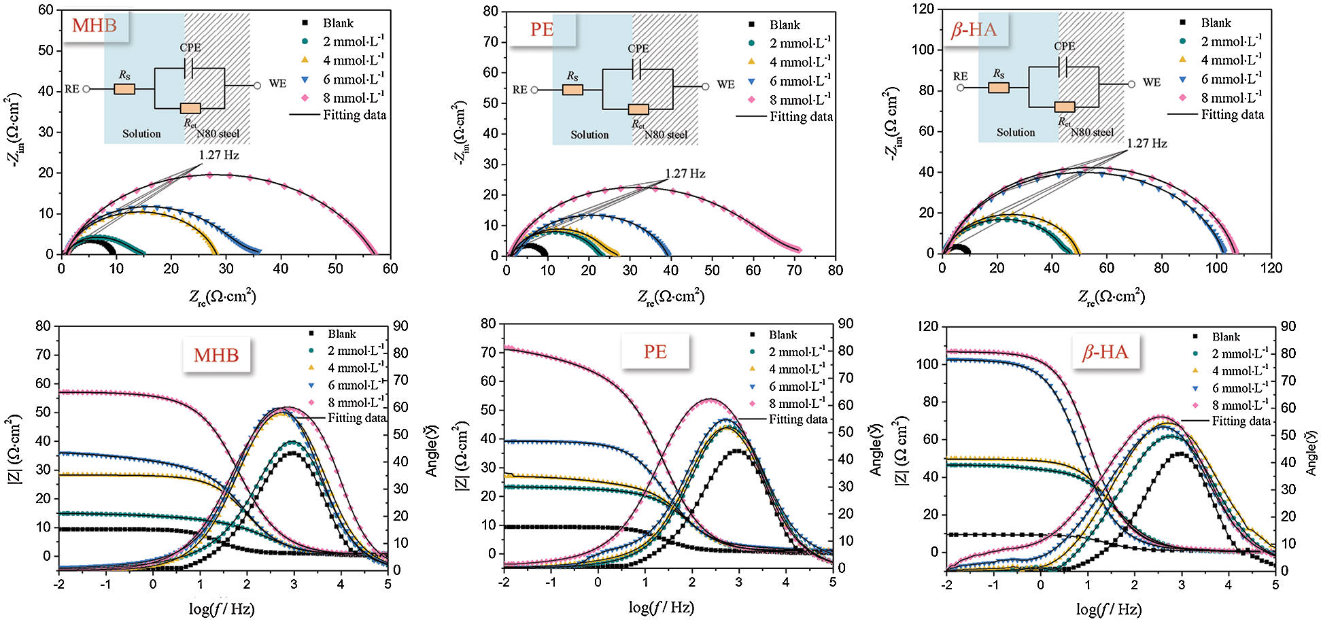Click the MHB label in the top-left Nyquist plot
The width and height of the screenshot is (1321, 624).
[x=95, y=27]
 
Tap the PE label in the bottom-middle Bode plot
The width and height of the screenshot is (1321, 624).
[x=655, y=351]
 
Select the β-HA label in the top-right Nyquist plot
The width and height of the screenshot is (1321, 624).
[x=974, y=30]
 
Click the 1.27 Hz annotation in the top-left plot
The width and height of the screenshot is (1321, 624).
[x=219, y=155]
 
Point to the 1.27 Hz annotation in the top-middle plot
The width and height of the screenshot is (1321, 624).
[x=685, y=173]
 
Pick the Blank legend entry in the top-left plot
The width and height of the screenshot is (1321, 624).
[x=338, y=23]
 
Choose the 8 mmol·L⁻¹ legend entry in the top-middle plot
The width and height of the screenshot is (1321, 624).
[x=800, y=100]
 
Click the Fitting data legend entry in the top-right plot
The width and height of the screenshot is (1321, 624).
[x=1232, y=114]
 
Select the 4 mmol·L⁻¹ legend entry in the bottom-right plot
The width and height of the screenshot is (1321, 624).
[x=1239, y=371]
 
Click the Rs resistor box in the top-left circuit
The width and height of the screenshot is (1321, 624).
[x=124, y=89]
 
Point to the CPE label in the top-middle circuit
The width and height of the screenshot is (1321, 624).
[x=638, y=49]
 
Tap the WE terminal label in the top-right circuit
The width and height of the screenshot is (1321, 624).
[x=1151, y=82]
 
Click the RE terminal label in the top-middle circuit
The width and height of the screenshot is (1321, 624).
[x=520, y=90]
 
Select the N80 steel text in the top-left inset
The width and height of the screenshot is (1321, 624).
[x=218, y=134]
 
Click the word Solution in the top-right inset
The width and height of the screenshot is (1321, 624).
[x=1016, y=133]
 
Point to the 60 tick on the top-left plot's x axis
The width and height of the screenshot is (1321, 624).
[x=390, y=268]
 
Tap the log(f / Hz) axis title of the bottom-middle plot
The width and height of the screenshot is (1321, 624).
[x=661, y=607]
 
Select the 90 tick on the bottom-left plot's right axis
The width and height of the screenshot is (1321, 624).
[x=401, y=326]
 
